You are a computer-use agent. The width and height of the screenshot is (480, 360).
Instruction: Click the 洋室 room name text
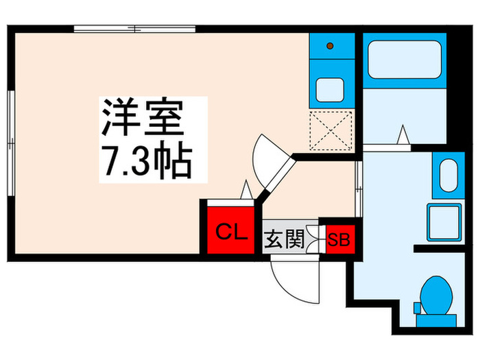click(x=143, y=118)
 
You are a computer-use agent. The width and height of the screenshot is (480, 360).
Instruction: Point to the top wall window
click(x=135, y=29)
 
